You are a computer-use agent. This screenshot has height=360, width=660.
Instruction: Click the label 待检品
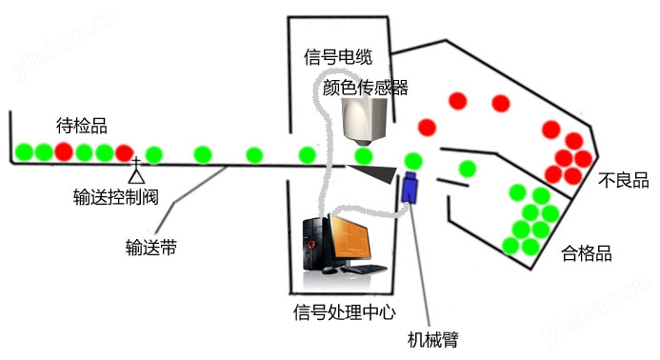[x=82, y=126]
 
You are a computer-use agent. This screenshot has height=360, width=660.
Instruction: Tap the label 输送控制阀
[x=116, y=196]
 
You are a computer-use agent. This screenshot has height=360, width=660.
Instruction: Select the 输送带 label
[x=151, y=248]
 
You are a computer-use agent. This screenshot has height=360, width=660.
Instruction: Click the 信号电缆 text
[x=338, y=57]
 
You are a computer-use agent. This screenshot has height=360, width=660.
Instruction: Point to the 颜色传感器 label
[x=366, y=88]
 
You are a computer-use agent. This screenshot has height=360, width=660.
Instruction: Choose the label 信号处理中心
[x=345, y=312]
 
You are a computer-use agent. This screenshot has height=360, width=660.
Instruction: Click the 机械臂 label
[x=433, y=339]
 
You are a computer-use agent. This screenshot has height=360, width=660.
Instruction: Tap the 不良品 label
[x=624, y=180]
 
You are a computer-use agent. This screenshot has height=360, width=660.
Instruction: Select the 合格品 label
[x=587, y=253]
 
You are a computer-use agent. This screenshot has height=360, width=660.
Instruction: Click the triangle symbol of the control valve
[x=136, y=176]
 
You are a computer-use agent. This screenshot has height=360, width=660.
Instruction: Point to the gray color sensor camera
[x=365, y=121]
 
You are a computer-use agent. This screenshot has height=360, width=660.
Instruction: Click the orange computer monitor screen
[x=350, y=239]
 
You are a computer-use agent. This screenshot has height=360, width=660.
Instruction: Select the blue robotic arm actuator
[x=410, y=187]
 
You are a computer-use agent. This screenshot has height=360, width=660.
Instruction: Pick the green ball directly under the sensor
[x=363, y=156]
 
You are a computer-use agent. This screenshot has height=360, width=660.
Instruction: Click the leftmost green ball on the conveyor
[x=24, y=152]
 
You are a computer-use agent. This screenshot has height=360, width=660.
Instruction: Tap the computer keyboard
[x=364, y=269]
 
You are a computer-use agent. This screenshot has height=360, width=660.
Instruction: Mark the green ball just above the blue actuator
[x=413, y=161]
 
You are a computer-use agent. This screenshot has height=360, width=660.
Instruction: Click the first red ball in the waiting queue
[x=64, y=151]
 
